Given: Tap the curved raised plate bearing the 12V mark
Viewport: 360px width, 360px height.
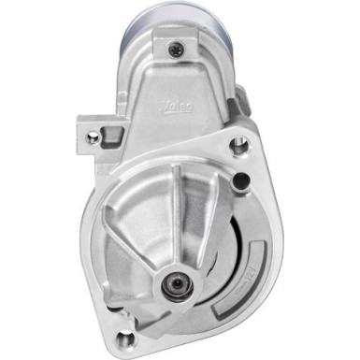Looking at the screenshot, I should click(x=241, y=285).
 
